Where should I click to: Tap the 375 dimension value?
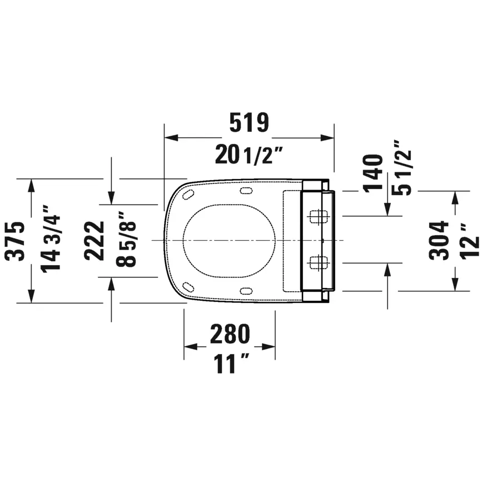coord(16,241)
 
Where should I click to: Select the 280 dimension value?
coord(230,334)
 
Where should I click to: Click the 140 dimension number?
coord(374,173)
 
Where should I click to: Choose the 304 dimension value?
coord(440,241)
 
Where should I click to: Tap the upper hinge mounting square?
coord(317,216)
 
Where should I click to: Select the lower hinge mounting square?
coord(317,262)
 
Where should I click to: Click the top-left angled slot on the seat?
coord(188,195)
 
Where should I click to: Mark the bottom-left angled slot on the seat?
coord(188,287)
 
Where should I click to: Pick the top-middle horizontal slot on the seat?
coord(246,192)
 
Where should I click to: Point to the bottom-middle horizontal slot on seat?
coord(246,290)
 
